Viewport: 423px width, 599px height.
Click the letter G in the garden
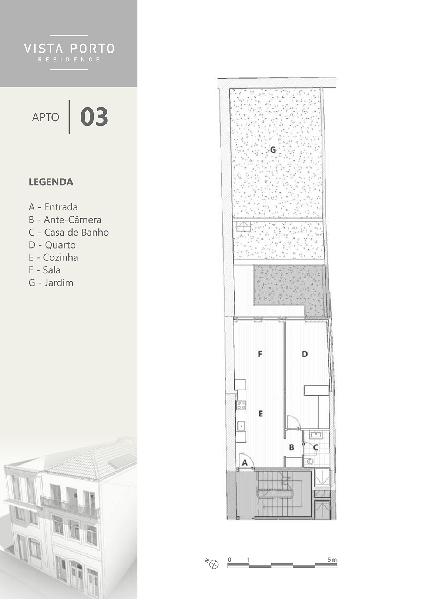273,150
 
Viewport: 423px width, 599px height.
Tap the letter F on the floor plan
260,354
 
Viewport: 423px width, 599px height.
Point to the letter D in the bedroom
305,354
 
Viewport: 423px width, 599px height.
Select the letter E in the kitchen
261,414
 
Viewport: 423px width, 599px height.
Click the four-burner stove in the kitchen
241,405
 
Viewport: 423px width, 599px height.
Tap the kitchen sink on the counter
241,426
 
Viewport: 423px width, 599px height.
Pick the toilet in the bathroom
309,461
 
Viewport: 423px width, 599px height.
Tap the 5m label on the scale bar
332,559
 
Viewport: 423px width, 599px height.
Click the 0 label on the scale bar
229,559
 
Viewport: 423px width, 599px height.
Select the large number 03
94,117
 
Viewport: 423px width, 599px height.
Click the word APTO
46,117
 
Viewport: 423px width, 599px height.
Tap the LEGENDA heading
51,182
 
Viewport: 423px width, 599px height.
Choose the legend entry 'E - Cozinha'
53,257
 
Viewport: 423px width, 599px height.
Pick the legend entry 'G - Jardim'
51,282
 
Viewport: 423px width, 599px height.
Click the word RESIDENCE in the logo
69,60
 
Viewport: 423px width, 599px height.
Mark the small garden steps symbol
244,226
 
